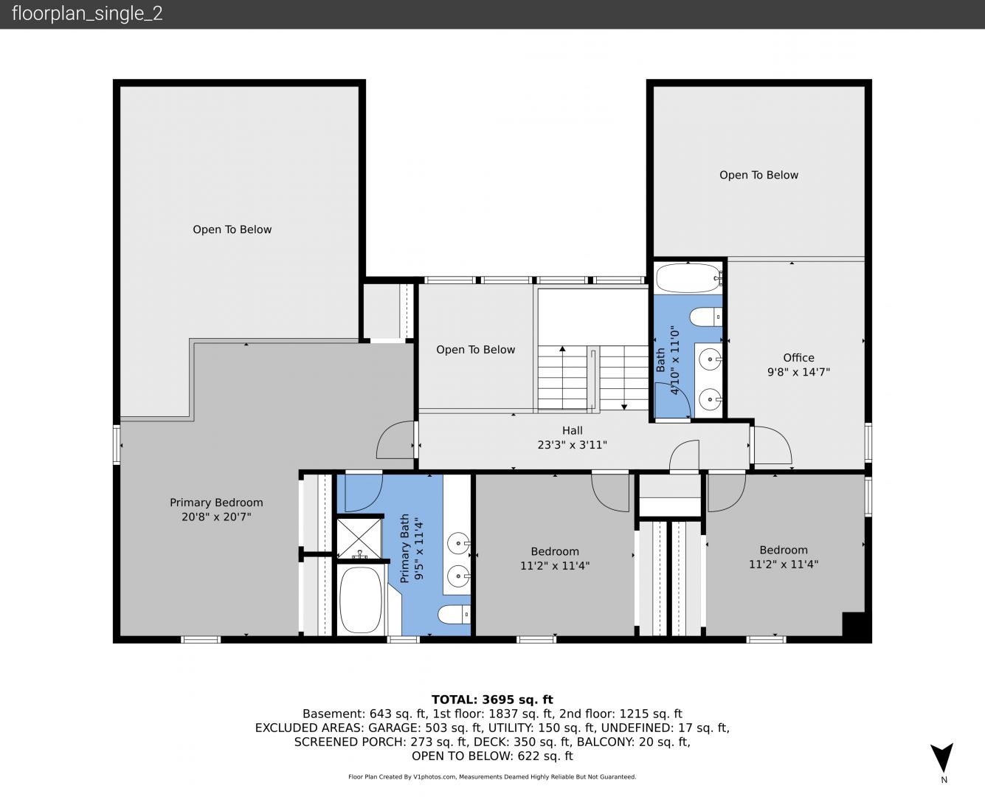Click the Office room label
(798, 358)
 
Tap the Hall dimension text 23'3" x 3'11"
(572, 445)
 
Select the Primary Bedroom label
(216, 503)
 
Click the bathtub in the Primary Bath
(361, 600)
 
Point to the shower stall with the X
(359, 539)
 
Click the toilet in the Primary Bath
(454, 615)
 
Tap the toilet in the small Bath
(705, 317)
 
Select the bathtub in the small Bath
(689, 278)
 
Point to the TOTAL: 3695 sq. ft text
(492, 700)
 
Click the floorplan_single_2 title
(87, 13)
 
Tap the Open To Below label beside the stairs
(475, 350)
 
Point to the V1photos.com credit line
(492, 776)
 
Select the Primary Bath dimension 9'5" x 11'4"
(419, 549)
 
